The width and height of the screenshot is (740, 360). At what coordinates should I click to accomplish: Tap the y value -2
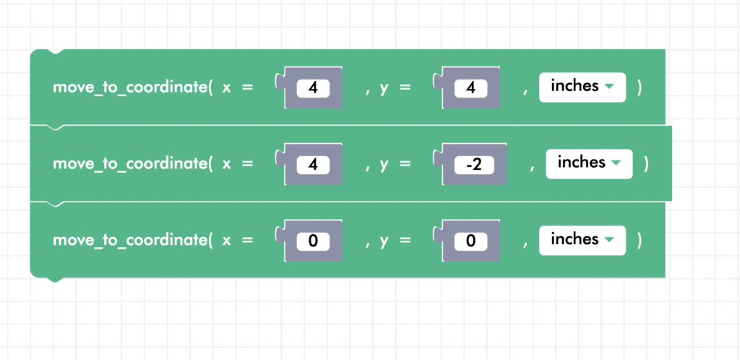pos(473,165)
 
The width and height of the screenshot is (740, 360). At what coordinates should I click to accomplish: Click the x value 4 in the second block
pos(313,165)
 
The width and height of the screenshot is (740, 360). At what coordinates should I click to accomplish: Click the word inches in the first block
pos(575,86)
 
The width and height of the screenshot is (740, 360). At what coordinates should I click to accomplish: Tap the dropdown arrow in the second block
pos(616,163)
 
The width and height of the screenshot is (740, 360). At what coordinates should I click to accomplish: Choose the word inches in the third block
pos(575,239)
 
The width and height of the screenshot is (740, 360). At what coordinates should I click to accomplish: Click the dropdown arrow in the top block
pos(609,87)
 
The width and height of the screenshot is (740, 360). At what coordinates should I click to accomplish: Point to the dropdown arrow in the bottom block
pos(609,240)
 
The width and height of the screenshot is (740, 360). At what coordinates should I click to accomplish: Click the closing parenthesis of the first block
pos(640,87)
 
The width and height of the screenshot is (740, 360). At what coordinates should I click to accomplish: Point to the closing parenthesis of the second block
pos(646,164)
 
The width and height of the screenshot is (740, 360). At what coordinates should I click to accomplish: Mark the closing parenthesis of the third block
pos(640,241)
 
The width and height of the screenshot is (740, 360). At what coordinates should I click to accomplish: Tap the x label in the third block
pos(226,241)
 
